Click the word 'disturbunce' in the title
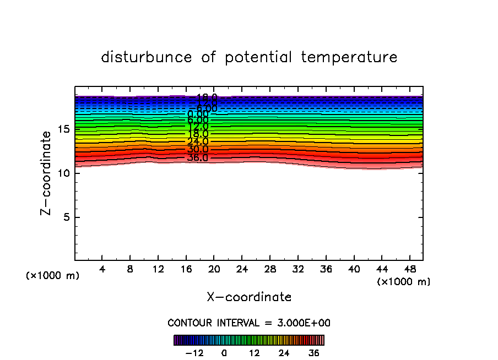pos(147,57)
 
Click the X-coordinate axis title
pos(249,297)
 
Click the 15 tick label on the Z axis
pos(63,129)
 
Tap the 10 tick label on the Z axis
pos(63,173)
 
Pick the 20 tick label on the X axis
pos(214,269)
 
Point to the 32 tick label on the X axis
pos(298,269)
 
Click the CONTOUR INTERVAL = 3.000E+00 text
pos(249,323)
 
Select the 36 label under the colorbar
pos(313,353)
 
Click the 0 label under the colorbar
pos(224,353)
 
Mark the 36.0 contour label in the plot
pos(198,158)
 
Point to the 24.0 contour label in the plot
pos(198,142)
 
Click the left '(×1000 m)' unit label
pos(53,276)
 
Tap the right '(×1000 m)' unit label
pos(404,282)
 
